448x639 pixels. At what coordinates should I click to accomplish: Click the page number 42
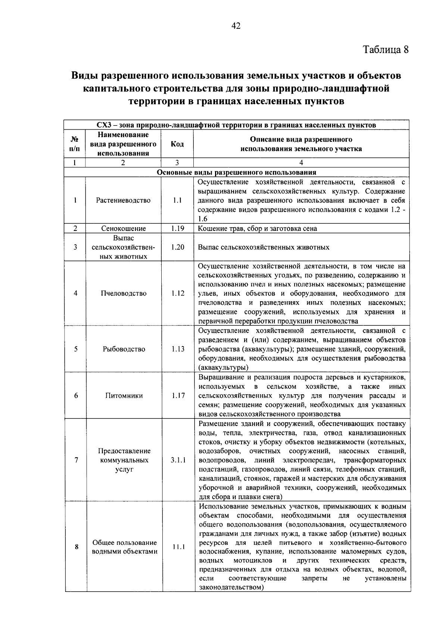[x=236, y=26]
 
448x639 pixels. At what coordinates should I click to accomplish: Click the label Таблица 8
[x=386, y=50]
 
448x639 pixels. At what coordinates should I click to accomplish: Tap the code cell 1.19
[x=178, y=228]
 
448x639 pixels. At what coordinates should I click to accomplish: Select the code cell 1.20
[x=178, y=247]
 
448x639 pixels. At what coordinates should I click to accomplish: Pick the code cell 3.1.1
[x=178, y=460]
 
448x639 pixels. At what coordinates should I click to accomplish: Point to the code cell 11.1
[x=179, y=547]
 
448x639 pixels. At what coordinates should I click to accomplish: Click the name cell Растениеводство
[x=123, y=200]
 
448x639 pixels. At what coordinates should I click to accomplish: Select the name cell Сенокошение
[x=123, y=228]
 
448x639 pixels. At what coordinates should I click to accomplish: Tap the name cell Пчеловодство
[x=124, y=293]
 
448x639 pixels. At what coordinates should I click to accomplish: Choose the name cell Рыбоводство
[x=124, y=349]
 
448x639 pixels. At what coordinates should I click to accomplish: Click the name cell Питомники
[x=124, y=395]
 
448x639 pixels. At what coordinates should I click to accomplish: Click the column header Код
[x=177, y=144]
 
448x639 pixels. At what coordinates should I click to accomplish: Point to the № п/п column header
[x=75, y=144]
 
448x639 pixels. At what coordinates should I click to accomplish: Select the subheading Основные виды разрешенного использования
[x=236, y=172]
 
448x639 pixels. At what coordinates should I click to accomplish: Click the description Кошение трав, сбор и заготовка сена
[x=257, y=228]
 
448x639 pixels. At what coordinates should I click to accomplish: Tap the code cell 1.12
[x=178, y=293]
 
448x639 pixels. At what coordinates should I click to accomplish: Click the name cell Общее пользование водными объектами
[x=125, y=547]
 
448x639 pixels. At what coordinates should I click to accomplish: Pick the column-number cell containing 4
[x=301, y=163]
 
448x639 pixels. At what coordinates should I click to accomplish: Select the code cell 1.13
[x=178, y=349]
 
